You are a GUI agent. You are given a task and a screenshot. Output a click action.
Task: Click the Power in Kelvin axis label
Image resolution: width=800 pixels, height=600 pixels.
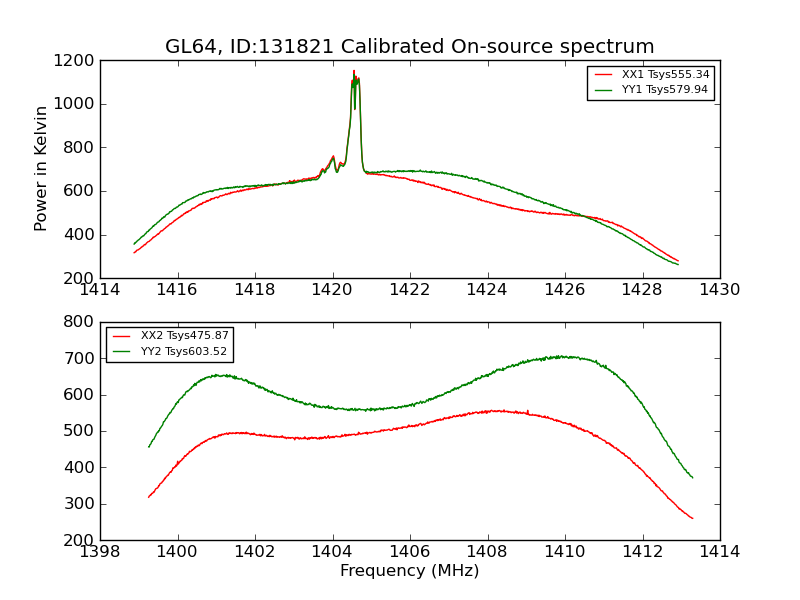(42, 168)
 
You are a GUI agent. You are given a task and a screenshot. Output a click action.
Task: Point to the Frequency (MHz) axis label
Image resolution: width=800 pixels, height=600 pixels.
(409, 571)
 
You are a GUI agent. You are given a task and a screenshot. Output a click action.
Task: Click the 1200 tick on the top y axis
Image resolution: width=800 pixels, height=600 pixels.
(77, 60)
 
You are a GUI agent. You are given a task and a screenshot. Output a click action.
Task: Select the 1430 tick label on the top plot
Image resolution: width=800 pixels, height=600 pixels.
(719, 290)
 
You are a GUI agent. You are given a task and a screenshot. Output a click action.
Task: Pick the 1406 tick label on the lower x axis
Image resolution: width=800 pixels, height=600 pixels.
(409, 552)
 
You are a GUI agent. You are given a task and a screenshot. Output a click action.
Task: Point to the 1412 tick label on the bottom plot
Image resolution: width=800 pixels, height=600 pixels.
(642, 552)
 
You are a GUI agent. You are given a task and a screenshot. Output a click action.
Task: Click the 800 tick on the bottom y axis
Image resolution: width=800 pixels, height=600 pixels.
(81, 322)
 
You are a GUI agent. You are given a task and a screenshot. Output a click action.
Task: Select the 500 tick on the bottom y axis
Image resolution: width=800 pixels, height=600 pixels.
(81, 431)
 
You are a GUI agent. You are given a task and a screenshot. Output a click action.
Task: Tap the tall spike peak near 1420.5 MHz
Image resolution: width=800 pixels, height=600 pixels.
(354, 71)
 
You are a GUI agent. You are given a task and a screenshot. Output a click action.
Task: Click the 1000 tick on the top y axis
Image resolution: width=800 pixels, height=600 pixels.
(77, 104)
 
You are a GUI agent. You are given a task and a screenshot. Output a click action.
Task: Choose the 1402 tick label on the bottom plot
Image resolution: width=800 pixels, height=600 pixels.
(255, 552)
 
